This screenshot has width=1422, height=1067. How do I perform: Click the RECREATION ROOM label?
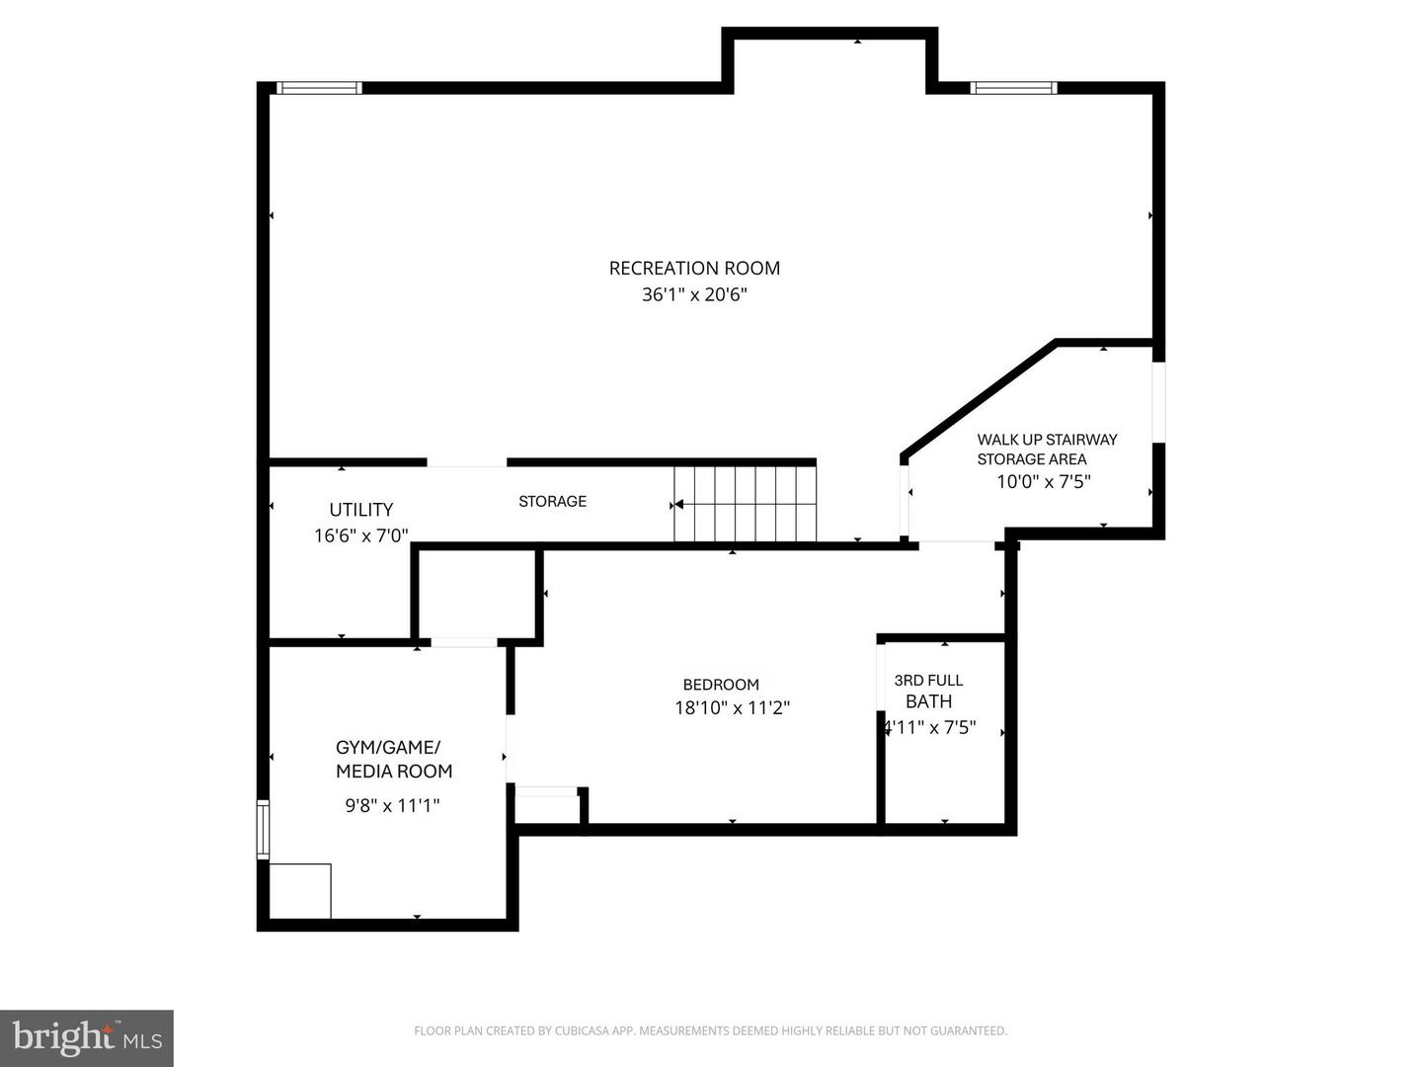(x=694, y=268)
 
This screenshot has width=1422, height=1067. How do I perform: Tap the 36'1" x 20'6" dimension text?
(x=694, y=294)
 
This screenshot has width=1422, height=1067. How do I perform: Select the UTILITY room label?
(x=360, y=510)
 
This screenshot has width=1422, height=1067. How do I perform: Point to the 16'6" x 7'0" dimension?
(x=360, y=535)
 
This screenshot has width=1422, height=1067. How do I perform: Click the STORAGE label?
(x=552, y=501)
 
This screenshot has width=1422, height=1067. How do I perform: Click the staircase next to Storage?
(x=746, y=504)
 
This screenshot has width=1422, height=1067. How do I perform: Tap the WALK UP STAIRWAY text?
(x=1047, y=440)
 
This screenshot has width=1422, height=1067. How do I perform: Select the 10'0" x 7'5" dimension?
(x=1043, y=482)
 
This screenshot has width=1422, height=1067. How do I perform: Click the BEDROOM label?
(x=721, y=685)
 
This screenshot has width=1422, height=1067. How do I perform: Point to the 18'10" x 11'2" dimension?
(x=732, y=707)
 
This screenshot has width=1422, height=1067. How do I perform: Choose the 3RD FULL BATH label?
(x=928, y=691)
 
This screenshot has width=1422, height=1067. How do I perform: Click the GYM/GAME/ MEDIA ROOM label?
(x=393, y=759)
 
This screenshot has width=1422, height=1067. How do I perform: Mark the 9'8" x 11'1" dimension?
(x=392, y=805)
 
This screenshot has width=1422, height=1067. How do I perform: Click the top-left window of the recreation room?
(x=319, y=88)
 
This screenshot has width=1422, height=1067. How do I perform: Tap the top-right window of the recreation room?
(x=1014, y=88)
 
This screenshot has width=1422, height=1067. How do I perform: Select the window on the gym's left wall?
(x=263, y=829)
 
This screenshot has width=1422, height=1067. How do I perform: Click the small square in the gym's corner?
(x=300, y=891)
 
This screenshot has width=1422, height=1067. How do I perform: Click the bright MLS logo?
(x=87, y=1037)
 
